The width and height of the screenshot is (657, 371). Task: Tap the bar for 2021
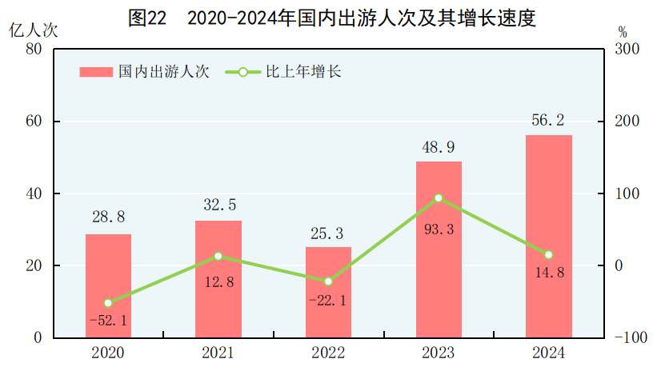click(x=218, y=279)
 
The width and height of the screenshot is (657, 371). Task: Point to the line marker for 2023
click(x=439, y=197)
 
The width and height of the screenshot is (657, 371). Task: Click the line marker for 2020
click(x=108, y=303)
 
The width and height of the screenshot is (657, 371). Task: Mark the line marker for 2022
click(x=328, y=281)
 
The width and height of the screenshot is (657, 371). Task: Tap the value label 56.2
click(x=548, y=120)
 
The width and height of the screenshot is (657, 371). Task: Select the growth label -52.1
click(x=108, y=321)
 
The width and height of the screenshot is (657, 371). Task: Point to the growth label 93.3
click(x=439, y=229)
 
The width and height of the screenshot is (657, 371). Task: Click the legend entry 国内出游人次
click(x=144, y=72)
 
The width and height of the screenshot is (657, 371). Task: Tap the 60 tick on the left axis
click(x=34, y=122)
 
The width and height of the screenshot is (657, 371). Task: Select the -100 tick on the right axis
click(x=627, y=338)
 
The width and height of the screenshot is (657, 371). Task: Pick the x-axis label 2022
click(x=328, y=353)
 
